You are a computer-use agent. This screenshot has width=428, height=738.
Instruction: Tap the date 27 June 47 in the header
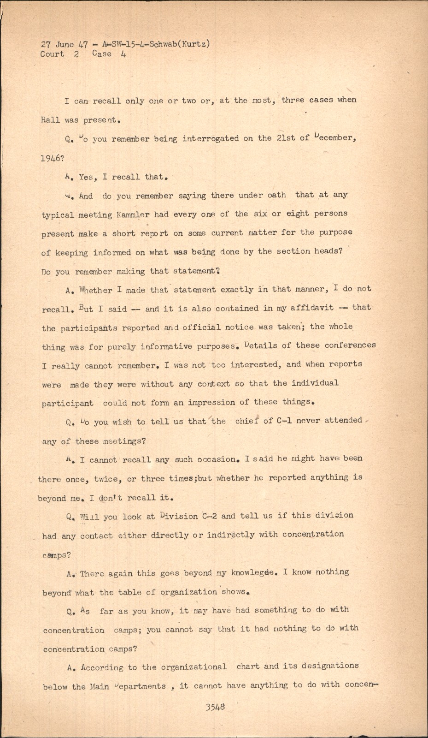pyautogui.click(x=64, y=45)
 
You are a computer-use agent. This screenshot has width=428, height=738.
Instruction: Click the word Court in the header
pyautogui.click(x=52, y=54)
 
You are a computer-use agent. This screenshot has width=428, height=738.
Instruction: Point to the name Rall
pyautogui.click(x=50, y=119)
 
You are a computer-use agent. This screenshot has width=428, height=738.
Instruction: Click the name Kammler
pyautogui.click(x=135, y=214)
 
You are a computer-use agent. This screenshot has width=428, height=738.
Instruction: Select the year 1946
pyautogui.click(x=53, y=158)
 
